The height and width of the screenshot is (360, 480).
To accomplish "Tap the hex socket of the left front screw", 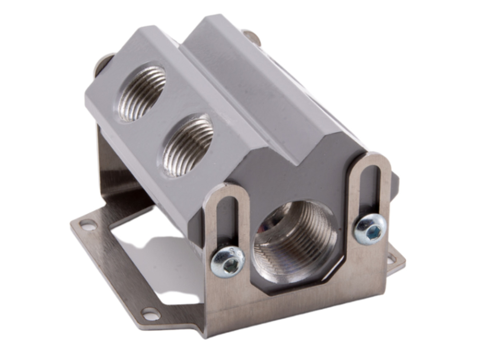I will (x=229, y=266).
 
